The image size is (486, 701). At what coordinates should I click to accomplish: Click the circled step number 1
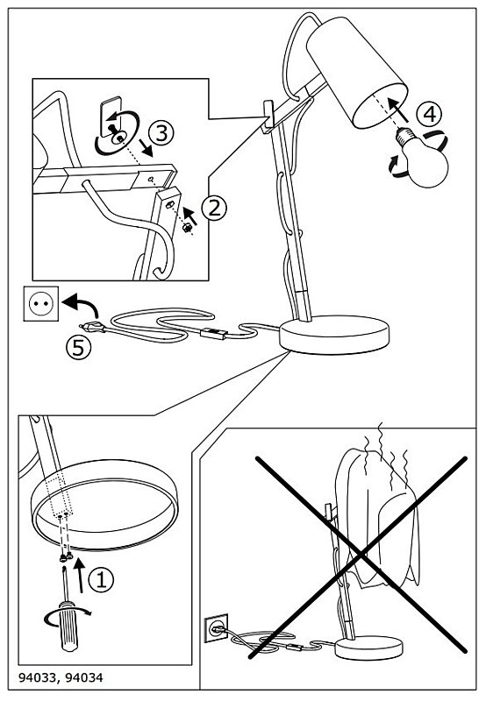click(101, 580)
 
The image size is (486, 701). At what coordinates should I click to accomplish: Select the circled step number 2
click(214, 209)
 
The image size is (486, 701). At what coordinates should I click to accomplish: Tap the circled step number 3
click(161, 133)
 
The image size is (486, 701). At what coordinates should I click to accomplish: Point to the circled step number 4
click(429, 114)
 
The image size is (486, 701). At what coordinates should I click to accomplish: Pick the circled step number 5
click(79, 347)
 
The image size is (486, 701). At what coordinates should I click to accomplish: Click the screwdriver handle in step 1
click(68, 626)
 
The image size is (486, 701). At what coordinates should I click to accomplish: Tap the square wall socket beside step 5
click(41, 303)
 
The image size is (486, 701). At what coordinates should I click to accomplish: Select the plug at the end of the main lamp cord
click(93, 328)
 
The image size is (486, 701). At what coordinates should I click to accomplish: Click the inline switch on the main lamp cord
click(212, 334)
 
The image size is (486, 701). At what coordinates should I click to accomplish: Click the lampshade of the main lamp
click(357, 73)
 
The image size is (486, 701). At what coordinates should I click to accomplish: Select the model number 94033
click(36, 677)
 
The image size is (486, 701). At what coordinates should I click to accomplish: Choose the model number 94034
click(84, 677)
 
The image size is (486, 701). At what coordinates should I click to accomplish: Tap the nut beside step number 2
click(187, 228)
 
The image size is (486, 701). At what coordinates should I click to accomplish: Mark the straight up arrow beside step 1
click(80, 575)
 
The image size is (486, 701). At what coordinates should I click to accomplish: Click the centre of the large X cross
click(361, 556)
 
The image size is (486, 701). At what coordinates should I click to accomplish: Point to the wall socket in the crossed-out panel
click(216, 628)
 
